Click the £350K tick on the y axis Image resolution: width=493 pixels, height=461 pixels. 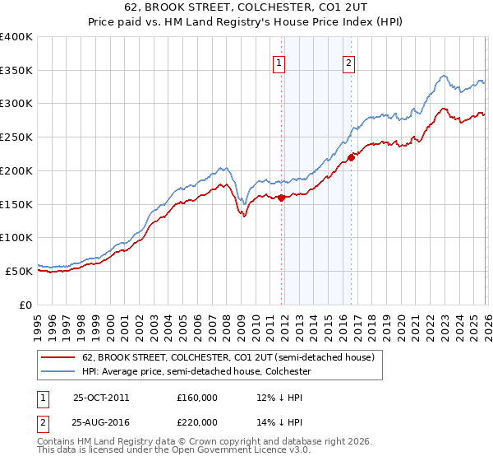pyautogui.click(x=16, y=71)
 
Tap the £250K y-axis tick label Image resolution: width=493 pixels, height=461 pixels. pyautogui.click(x=16, y=137)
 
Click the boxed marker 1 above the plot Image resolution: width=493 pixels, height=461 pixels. pyautogui.click(x=279, y=63)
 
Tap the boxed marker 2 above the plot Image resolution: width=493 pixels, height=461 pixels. pyautogui.click(x=348, y=63)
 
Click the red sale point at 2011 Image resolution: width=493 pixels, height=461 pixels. pyautogui.click(x=281, y=198)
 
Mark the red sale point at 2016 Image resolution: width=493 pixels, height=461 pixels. pyautogui.click(x=351, y=157)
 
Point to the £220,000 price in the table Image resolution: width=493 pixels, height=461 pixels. pyautogui.click(x=196, y=421)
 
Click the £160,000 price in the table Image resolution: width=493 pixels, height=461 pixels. pyautogui.click(x=196, y=398)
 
